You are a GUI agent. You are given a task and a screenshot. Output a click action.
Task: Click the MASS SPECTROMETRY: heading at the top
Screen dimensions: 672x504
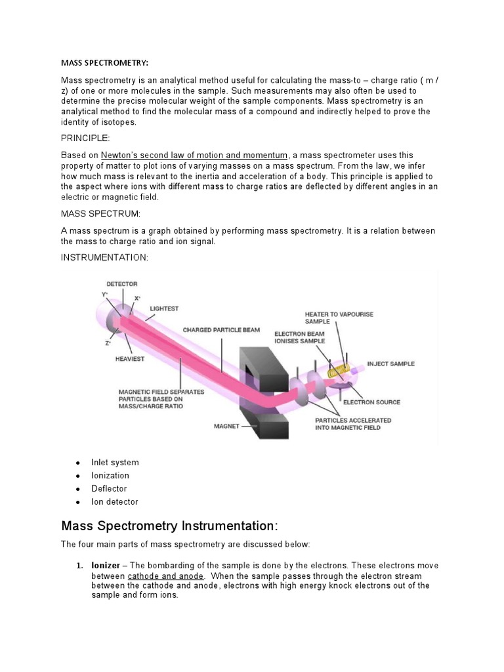click(x=105, y=63)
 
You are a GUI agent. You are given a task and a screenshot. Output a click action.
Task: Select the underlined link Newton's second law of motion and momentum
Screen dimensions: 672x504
click(x=194, y=155)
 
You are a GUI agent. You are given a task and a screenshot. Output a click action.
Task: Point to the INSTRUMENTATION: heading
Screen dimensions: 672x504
click(x=105, y=257)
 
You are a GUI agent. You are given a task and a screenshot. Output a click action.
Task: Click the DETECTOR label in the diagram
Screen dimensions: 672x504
click(x=122, y=283)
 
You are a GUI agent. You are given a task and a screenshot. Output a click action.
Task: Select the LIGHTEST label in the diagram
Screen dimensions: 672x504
click(x=164, y=308)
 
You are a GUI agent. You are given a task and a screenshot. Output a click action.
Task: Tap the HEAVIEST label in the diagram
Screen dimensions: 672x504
click(x=130, y=359)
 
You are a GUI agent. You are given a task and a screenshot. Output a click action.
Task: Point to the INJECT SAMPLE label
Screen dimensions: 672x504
click(x=391, y=364)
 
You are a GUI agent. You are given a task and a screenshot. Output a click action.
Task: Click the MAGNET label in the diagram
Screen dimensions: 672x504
click(x=226, y=426)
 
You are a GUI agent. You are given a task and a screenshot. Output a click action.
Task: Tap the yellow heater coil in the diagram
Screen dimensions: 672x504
click(x=339, y=371)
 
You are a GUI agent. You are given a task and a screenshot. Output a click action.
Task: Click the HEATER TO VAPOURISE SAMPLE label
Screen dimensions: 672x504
click(x=339, y=318)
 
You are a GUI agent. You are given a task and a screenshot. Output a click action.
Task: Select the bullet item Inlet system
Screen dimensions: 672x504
click(x=115, y=462)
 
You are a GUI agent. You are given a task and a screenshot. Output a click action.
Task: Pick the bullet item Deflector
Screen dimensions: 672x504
click(x=109, y=488)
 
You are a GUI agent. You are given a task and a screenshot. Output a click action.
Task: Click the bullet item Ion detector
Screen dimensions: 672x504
click(x=115, y=501)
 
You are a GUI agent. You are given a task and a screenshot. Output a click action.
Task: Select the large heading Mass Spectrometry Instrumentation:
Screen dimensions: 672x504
click(x=169, y=526)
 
